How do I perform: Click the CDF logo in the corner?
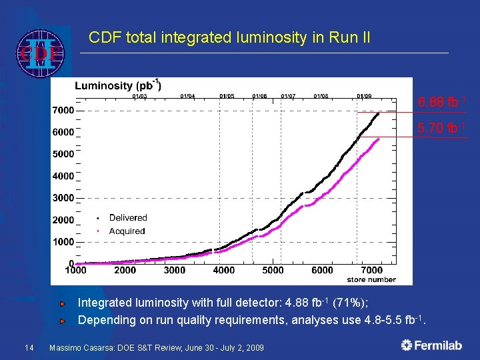click(40, 53)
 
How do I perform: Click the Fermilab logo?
click(433, 345)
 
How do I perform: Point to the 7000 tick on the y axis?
click(64, 110)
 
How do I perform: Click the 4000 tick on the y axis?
click(64, 176)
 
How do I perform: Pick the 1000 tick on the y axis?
click(64, 241)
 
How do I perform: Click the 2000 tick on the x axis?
click(125, 270)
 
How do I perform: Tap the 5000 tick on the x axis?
click(273, 270)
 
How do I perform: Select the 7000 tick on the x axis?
click(371, 270)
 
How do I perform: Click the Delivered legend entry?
click(127, 218)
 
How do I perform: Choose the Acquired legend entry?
click(127, 231)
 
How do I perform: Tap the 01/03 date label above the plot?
click(139, 96)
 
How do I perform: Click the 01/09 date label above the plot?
click(364, 96)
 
